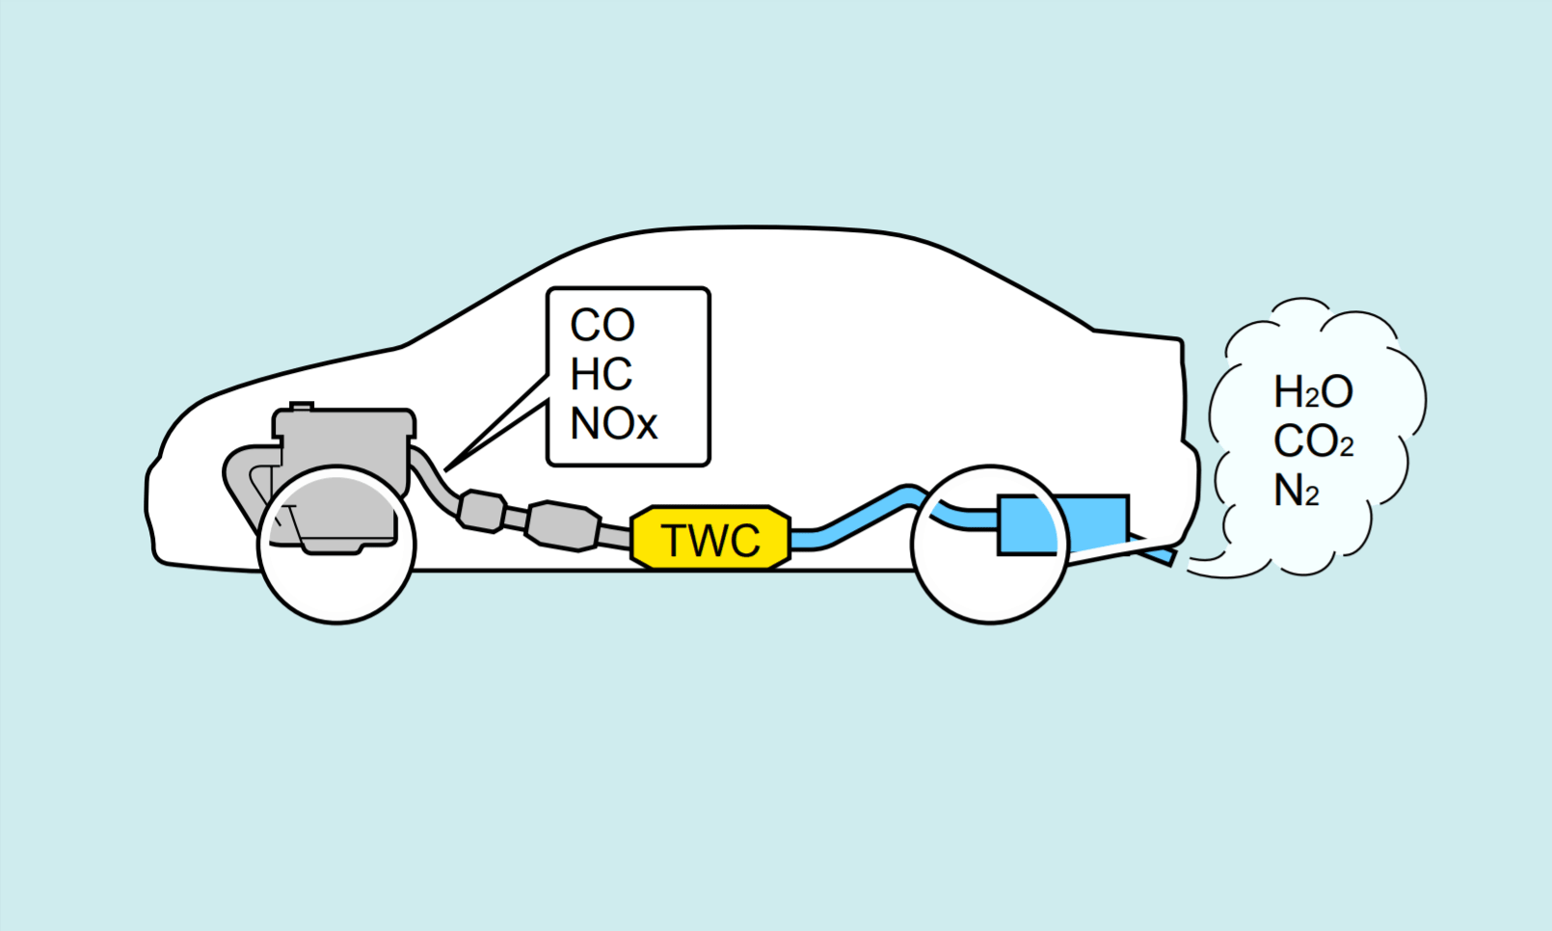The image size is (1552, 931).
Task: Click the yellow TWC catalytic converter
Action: (710, 537)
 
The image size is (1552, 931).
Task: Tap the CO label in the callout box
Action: (602, 326)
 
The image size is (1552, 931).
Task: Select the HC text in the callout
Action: (602, 375)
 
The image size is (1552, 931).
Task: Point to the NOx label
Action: (613, 424)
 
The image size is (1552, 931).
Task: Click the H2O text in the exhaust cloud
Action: (1313, 392)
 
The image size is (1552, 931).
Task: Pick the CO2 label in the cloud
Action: (1313, 442)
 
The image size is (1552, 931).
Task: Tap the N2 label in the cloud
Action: (1297, 492)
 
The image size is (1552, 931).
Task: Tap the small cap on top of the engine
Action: (302, 407)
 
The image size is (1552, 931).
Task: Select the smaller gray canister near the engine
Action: (481, 511)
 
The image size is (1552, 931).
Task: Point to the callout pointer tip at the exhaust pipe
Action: (447, 468)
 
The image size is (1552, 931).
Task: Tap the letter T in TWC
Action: (673, 541)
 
